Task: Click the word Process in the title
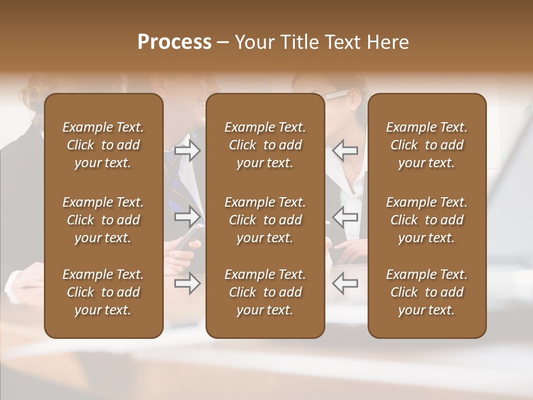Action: click(x=174, y=42)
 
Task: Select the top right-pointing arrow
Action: click(x=188, y=151)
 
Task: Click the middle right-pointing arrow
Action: click(x=188, y=217)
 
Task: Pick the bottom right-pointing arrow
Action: click(x=188, y=284)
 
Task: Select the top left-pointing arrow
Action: click(x=345, y=151)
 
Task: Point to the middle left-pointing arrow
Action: click(x=345, y=217)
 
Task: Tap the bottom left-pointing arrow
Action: click(x=345, y=284)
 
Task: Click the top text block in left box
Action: click(x=103, y=145)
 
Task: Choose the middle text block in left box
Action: click(x=103, y=220)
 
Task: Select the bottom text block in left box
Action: click(x=103, y=292)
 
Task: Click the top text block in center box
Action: click(x=265, y=145)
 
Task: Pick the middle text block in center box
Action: click(x=265, y=220)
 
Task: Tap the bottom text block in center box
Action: click(x=265, y=292)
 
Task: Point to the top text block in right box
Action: click(x=427, y=145)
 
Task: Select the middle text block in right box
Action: click(x=427, y=220)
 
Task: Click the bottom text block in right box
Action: click(x=427, y=292)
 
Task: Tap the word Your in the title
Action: click(x=253, y=42)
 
